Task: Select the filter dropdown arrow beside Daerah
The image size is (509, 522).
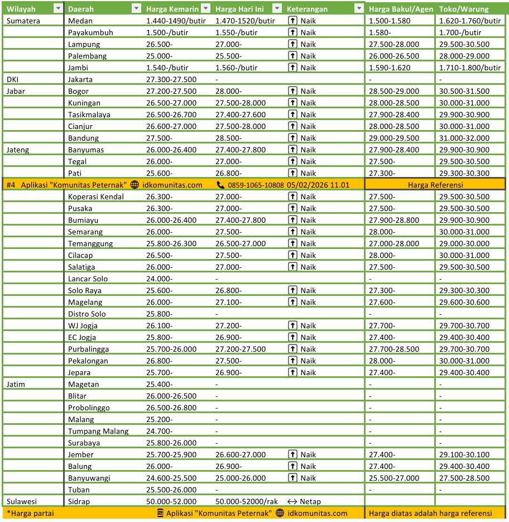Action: point(136,9)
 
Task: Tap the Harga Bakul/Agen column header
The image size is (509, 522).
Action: point(401,9)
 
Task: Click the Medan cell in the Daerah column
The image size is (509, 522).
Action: point(80,21)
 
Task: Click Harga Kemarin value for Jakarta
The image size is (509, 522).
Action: point(171,79)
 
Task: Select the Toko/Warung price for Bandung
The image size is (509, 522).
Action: point(464,138)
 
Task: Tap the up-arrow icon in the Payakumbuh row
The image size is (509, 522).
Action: point(292,32)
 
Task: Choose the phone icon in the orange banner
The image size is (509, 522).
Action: point(220,185)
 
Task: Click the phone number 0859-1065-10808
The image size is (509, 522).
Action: point(256,185)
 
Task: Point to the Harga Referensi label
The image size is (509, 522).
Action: point(435,185)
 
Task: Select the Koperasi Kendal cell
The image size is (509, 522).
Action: point(95,197)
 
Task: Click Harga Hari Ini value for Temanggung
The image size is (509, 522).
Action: point(241,243)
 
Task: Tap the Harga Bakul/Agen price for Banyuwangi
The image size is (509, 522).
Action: point(393,478)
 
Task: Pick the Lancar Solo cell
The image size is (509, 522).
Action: point(88,279)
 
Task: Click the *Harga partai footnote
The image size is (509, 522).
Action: point(30,513)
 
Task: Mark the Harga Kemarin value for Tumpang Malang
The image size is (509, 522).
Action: point(159,431)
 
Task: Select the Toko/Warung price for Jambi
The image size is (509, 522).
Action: point(469,68)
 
